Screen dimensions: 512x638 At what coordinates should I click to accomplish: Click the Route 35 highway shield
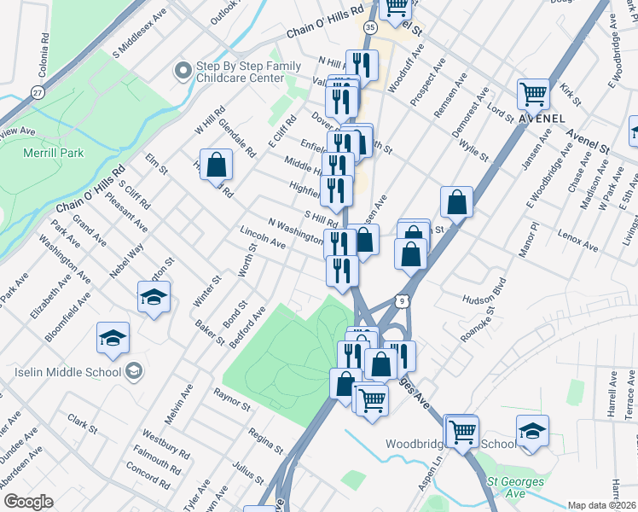(x=369, y=27)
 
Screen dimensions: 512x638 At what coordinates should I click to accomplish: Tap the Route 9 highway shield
(x=401, y=300)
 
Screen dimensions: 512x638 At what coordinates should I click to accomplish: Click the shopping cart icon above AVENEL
(x=534, y=92)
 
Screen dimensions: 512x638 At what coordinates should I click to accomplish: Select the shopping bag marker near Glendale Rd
(x=217, y=162)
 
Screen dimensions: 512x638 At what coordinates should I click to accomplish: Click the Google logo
(x=28, y=502)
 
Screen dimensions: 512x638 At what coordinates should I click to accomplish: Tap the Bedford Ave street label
(x=247, y=328)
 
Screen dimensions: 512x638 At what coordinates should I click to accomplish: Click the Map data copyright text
(x=601, y=505)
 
